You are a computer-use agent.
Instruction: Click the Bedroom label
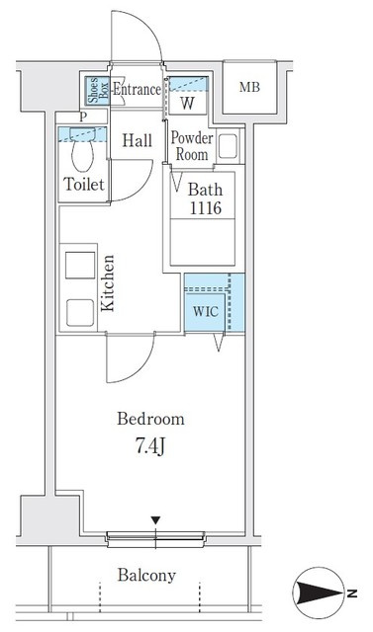(x=150, y=419)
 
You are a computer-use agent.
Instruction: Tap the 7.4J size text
(x=150, y=447)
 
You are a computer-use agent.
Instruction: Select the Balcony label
(x=146, y=575)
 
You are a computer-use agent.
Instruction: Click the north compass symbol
(x=320, y=592)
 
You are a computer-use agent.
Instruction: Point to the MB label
(x=249, y=87)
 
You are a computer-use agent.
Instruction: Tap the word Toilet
(x=84, y=185)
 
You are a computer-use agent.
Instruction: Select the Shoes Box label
(x=97, y=90)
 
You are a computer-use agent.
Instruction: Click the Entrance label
(x=137, y=90)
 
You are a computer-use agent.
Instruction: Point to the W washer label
(x=187, y=103)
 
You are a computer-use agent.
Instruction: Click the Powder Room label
(x=192, y=145)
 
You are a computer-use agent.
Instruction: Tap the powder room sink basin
(x=229, y=145)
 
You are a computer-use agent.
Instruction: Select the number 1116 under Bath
(x=206, y=208)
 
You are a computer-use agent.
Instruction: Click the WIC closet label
(x=205, y=312)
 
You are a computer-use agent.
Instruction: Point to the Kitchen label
(x=108, y=283)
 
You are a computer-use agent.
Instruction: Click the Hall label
(x=138, y=140)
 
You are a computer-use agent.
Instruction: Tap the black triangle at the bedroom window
(x=155, y=520)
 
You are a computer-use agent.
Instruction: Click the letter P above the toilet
(x=83, y=118)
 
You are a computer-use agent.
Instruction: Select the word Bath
(x=206, y=189)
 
